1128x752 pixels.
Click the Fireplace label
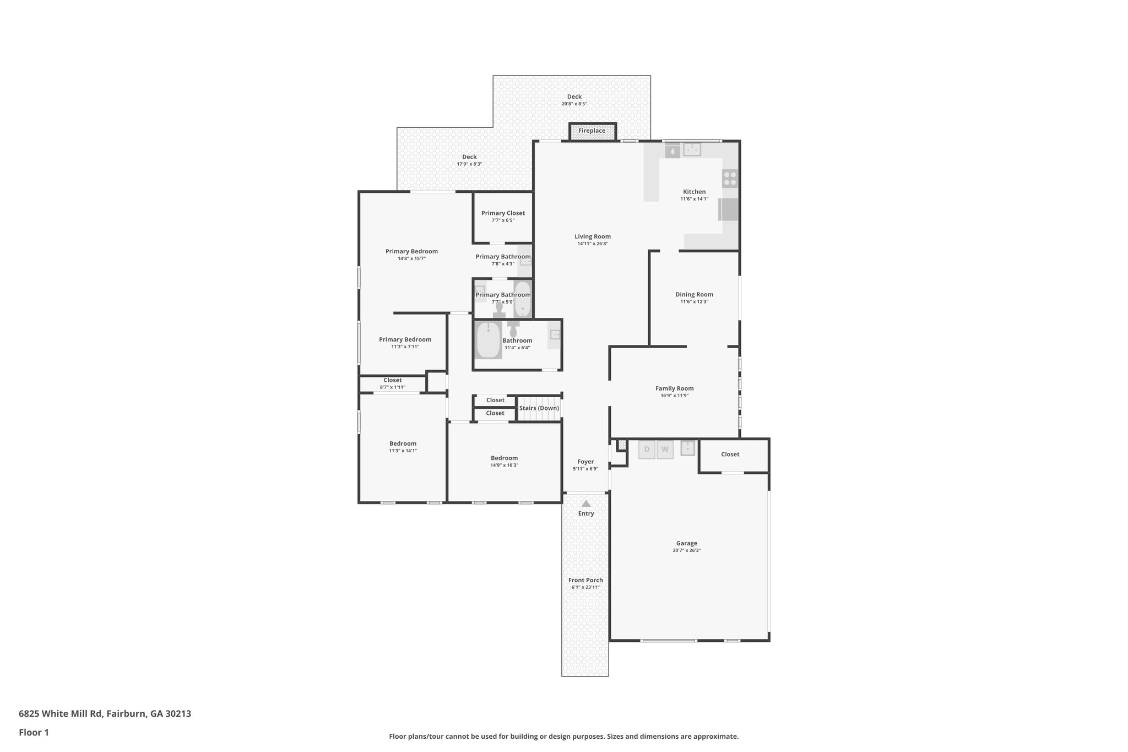click(592, 131)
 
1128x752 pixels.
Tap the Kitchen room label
click(694, 192)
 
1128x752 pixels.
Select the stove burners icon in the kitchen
click(730, 178)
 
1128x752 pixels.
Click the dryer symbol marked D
click(647, 450)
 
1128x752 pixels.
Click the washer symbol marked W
click(665, 450)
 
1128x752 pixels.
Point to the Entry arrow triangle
click(586, 504)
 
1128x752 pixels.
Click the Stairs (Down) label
click(539, 408)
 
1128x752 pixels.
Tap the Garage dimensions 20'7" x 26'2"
click(686, 550)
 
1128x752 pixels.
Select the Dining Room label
click(694, 294)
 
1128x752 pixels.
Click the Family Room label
click(674, 388)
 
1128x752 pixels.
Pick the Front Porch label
click(585, 580)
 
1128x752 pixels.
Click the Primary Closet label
click(503, 213)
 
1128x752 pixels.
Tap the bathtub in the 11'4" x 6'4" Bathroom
click(488, 340)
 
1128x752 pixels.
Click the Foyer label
click(585, 462)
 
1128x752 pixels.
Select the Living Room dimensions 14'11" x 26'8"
click(593, 244)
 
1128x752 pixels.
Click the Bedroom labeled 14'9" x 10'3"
click(504, 458)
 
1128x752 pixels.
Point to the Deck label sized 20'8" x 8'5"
click(574, 97)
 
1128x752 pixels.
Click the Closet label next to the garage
click(730, 455)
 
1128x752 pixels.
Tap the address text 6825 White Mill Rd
click(61, 713)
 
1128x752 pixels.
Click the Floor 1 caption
click(34, 733)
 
